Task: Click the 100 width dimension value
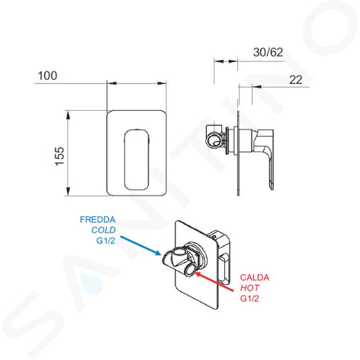click(47, 75)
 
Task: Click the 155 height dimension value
click(59, 156)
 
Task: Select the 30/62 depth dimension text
click(268, 53)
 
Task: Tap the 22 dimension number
click(295, 80)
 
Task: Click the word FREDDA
click(98, 220)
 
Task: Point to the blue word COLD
click(103, 230)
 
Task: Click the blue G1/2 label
click(106, 241)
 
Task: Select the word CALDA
click(255, 278)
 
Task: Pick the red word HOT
click(250, 288)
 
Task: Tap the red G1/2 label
click(250, 298)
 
